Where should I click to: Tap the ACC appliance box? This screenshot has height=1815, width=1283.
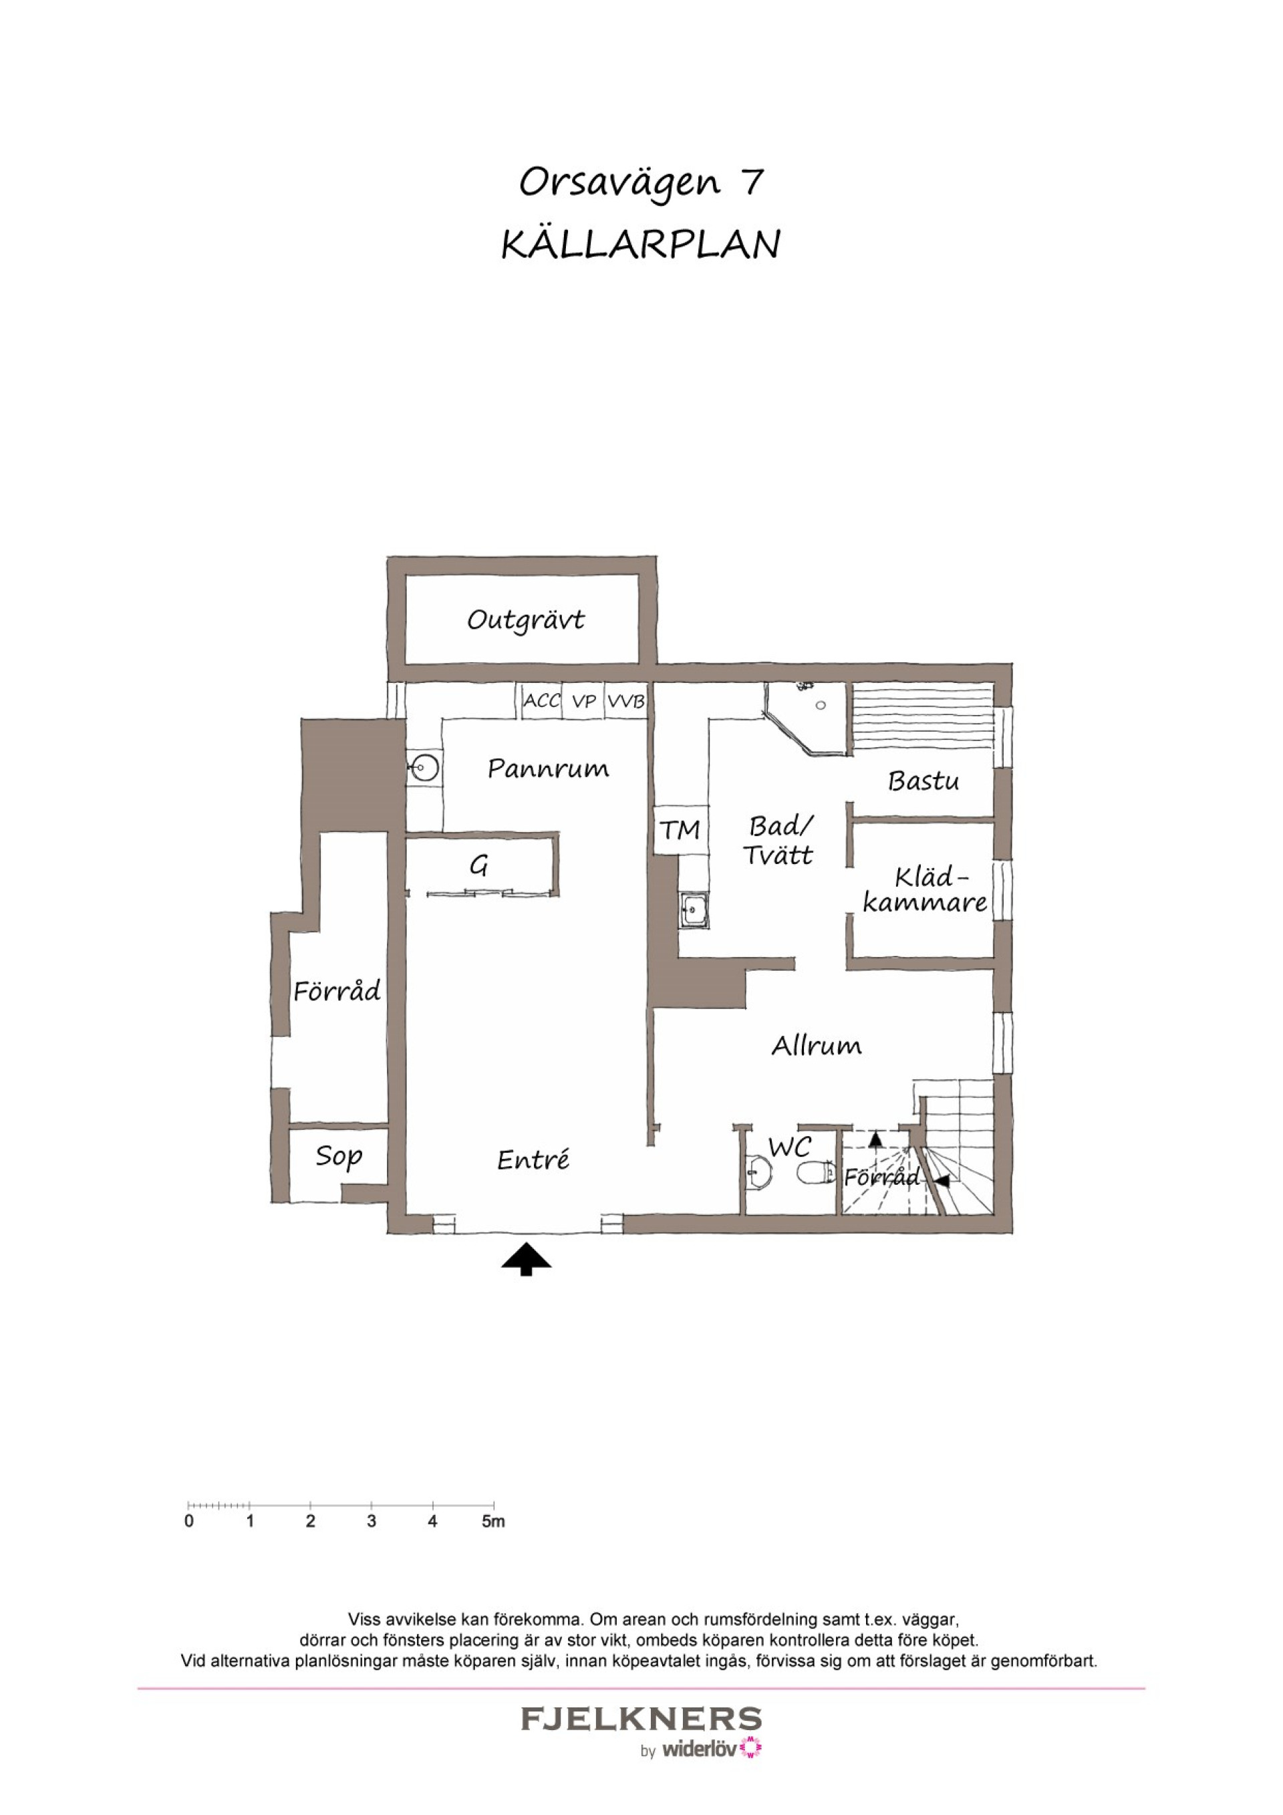(x=541, y=701)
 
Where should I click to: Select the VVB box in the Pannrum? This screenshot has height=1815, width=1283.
(x=626, y=701)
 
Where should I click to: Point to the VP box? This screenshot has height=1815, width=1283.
(x=583, y=701)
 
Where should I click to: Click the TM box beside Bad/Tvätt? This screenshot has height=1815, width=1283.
(x=680, y=830)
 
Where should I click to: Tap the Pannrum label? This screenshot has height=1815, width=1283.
(x=548, y=769)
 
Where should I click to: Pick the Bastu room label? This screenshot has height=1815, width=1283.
(x=923, y=781)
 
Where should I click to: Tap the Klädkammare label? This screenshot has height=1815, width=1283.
(x=925, y=890)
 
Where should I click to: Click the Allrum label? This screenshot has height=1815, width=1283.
(x=817, y=1046)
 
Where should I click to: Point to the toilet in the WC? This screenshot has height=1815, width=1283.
(x=813, y=1172)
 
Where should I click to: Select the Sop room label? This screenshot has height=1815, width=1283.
(x=339, y=1157)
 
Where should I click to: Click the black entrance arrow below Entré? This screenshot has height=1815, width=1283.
(x=527, y=1259)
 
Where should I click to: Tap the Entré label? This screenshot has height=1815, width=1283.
(x=534, y=1159)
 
